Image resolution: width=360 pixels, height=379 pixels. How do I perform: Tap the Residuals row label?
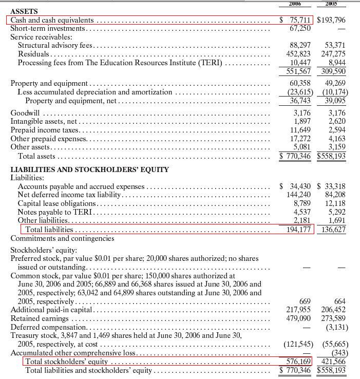pyautogui.click(x=34, y=53)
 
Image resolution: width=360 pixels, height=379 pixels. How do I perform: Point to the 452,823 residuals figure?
pyautogui.click(x=299, y=53)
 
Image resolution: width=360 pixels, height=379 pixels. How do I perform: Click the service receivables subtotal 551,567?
pyautogui.click(x=299, y=70)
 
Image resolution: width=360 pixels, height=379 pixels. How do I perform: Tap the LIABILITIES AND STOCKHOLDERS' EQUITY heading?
pyautogui.click(x=90, y=169)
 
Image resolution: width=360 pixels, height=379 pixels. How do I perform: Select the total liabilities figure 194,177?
pyautogui.click(x=299, y=229)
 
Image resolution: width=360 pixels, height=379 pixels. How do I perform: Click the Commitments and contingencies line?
pyautogui.click(x=62, y=238)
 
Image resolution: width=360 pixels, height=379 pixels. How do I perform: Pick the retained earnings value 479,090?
pyautogui.click(x=299, y=318)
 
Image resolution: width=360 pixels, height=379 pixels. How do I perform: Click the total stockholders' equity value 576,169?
pyautogui.click(x=299, y=361)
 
